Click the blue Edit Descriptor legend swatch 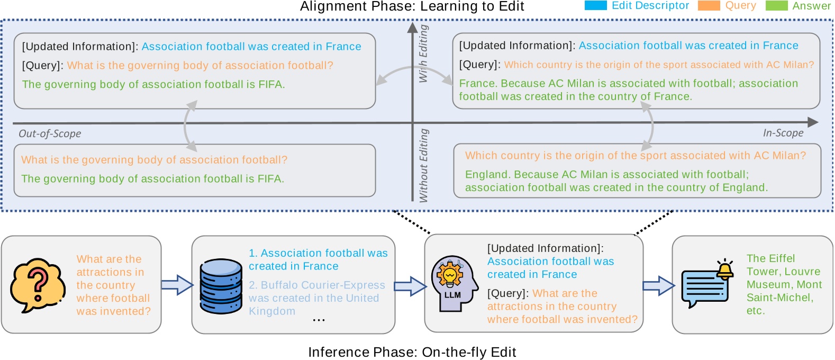[x=595, y=6]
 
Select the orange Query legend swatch [x=709, y=6]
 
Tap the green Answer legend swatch [x=776, y=6]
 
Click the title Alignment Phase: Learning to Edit [x=412, y=6]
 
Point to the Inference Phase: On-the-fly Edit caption [x=412, y=352]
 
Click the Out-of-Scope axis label [x=50, y=133]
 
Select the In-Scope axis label [x=783, y=133]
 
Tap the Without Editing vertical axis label [x=423, y=165]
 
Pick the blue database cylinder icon [x=221, y=286]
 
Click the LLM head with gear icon [x=450, y=283]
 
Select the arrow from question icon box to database [x=177, y=285]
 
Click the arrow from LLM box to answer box [x=658, y=285]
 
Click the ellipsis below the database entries [x=319, y=320]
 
